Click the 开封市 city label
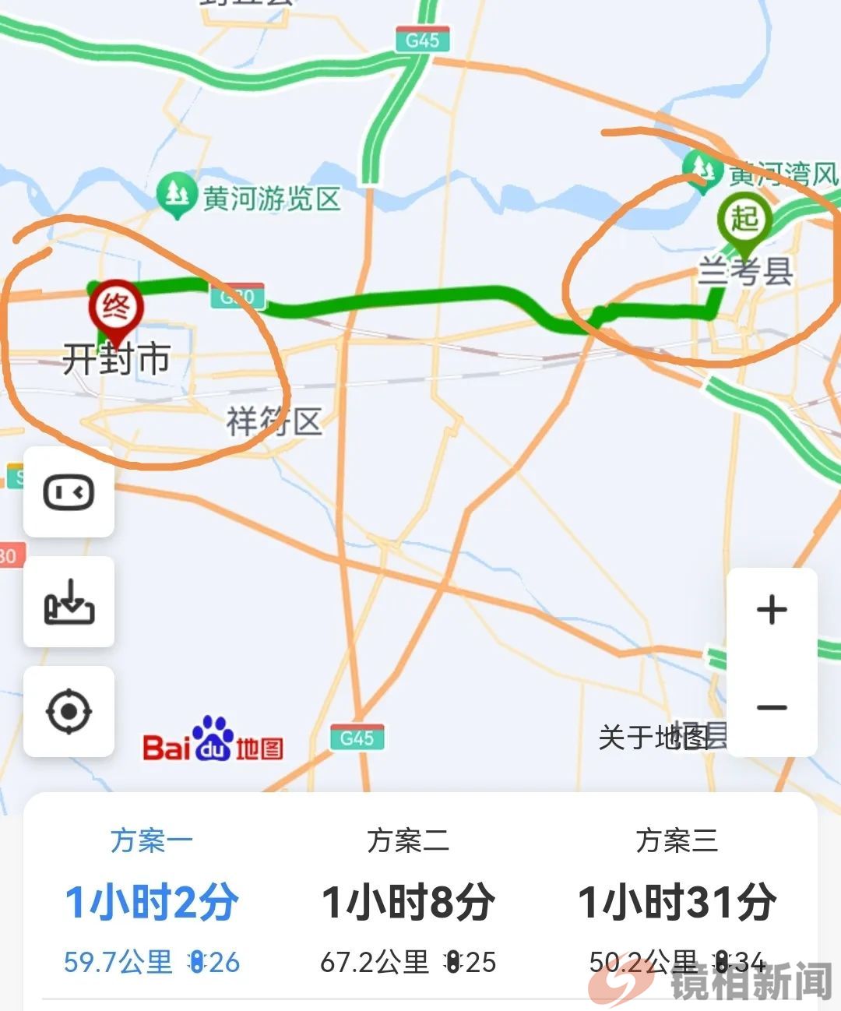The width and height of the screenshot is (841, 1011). point(116,360)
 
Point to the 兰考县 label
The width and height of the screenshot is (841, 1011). point(744,271)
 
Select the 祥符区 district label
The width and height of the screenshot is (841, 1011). point(274,422)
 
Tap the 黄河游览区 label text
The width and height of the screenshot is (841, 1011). point(272,199)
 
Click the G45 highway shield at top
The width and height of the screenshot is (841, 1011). point(422,40)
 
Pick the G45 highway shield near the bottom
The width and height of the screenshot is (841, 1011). point(357,737)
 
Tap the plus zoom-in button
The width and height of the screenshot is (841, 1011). point(772,610)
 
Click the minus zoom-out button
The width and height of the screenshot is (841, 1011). point(772,707)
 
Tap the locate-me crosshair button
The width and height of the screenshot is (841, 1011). point(69,711)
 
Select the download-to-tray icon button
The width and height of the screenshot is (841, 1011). point(69,601)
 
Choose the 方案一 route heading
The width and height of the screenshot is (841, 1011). point(151,840)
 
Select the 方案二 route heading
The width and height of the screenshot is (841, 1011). point(407,840)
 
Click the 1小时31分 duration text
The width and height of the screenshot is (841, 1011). point(676,902)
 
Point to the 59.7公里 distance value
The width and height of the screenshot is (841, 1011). point(118,962)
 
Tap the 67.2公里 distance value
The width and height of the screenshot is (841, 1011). point(375,962)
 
